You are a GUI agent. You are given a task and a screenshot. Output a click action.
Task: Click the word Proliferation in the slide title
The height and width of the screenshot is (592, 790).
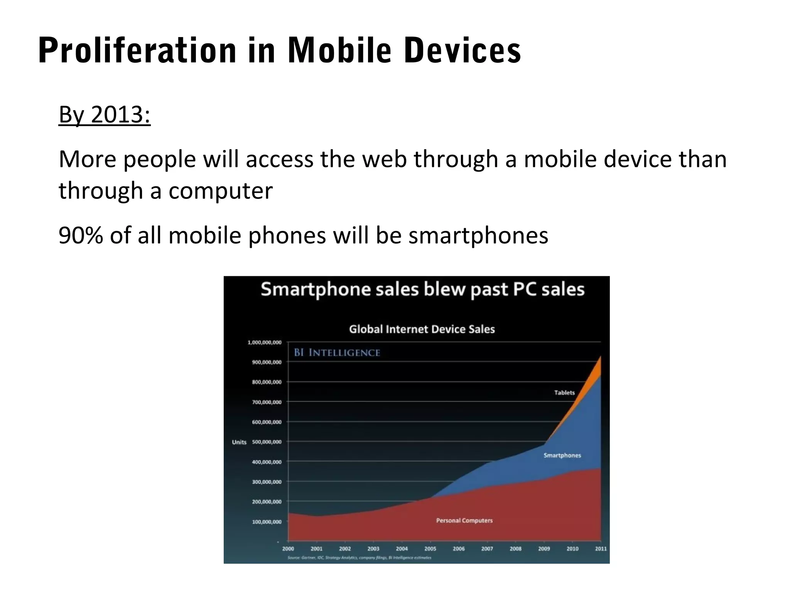[137, 50]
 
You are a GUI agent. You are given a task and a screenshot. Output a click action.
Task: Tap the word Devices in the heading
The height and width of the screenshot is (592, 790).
[463, 50]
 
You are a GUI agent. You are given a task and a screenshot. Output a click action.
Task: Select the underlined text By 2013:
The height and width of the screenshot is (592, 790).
[105, 114]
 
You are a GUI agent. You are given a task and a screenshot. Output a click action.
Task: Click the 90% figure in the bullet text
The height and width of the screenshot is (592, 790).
[81, 235]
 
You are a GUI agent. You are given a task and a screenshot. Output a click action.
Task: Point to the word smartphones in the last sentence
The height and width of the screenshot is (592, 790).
[478, 236]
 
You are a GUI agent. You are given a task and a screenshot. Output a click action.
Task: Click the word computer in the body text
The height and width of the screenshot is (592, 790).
[220, 190]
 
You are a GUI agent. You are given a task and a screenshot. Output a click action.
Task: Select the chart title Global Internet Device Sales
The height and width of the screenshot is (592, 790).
[422, 329]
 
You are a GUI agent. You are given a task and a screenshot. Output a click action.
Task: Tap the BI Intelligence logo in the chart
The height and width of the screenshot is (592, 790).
[337, 353]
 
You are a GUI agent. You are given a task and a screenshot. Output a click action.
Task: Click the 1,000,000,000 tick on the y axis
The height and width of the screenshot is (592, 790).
[264, 342]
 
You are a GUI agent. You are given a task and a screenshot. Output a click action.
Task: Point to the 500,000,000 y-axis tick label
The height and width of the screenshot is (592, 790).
[267, 442]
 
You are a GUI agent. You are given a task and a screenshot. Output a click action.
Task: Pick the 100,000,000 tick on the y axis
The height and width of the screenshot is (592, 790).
[267, 521]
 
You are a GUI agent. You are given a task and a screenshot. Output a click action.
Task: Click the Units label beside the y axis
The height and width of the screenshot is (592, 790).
[239, 442]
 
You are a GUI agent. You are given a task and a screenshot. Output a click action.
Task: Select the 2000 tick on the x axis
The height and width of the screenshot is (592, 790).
[288, 548]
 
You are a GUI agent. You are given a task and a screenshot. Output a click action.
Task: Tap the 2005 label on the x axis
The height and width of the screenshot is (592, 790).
[430, 548]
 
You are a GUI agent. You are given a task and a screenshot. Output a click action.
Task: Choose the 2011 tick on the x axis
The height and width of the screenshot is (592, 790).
[601, 548]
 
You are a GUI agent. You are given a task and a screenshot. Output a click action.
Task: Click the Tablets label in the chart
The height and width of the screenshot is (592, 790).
[564, 393]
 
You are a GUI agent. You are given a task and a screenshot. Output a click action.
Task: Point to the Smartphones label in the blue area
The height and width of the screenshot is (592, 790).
[562, 455]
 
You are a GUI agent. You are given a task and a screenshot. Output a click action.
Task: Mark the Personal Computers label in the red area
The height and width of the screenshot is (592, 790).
[464, 520]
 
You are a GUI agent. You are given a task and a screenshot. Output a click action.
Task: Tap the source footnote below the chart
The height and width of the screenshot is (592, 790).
[359, 558]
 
